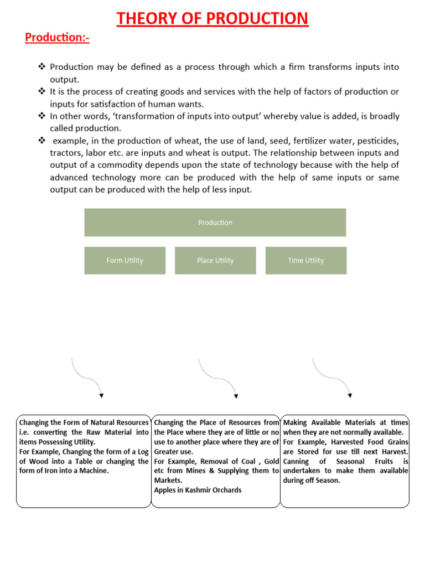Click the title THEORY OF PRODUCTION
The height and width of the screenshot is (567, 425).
click(212, 18)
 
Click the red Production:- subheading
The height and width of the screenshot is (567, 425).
click(57, 38)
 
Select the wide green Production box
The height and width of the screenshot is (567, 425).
click(215, 223)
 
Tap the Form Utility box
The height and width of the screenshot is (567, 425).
click(125, 260)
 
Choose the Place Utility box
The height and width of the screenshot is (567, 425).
click(215, 260)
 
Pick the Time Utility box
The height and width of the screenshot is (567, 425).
click(305, 260)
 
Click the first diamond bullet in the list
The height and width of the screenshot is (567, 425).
click(42, 67)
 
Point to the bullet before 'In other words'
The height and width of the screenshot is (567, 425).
click(42, 116)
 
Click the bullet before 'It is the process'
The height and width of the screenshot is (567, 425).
click(42, 91)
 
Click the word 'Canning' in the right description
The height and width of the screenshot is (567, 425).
click(297, 461)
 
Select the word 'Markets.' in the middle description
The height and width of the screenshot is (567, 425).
click(168, 481)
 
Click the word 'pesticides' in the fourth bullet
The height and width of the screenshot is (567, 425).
click(378, 141)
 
